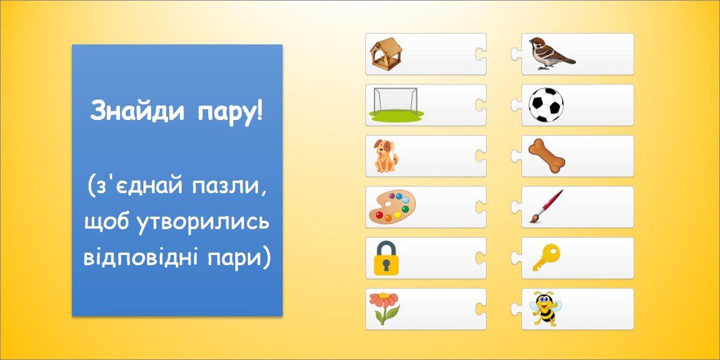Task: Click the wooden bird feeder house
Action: coord(386,54)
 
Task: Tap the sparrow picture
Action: coord(551,53)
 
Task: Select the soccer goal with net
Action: coord(396,103)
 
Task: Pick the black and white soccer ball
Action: coord(546,105)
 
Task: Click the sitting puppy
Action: coord(385,156)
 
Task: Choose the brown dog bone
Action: coord(547,156)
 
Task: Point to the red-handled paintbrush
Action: coord(546,206)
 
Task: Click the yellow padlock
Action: coord(386,258)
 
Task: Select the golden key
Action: coord(547,257)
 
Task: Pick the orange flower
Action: coord(385,308)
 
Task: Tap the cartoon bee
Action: coord(546,309)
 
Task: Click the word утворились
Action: coord(203,223)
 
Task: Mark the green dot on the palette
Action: coord(405,209)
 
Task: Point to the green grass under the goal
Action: coord(396,114)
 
